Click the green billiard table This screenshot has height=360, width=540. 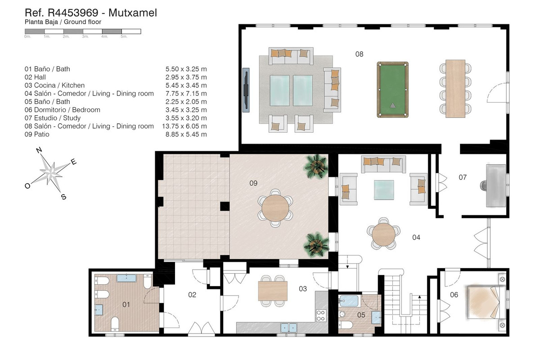pos(392,90)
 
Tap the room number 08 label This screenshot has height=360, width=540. pos(359,54)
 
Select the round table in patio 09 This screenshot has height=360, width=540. pos(275,208)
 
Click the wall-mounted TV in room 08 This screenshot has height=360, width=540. pos(246,90)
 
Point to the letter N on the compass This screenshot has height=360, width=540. pos(39,150)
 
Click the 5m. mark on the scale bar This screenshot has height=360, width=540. pos(124,36)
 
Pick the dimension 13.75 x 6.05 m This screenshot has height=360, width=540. pos(184,126)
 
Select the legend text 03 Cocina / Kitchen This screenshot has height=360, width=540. pos(54,85)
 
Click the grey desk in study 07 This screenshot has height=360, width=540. pos(496,185)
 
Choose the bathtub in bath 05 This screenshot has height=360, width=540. pos(349,301)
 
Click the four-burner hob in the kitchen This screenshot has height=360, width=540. pos(321,315)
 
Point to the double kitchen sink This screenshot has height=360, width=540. pos(288,328)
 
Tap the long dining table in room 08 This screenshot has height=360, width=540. pos(455,89)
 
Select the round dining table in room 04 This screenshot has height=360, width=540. pos(383,234)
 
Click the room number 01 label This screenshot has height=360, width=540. pos(126,305)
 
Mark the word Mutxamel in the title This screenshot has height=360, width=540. pos(133,13)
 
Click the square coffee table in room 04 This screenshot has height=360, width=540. pos(384,190)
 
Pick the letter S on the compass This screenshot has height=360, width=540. pos(63,197)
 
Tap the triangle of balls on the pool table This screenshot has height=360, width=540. pos(393,105)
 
